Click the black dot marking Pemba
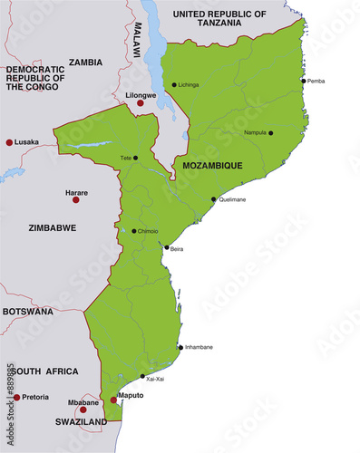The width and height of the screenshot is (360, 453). pyautogui.click(x=303, y=81)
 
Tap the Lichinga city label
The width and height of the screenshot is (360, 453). pyautogui.click(x=190, y=84)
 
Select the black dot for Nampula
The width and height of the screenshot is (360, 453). pyautogui.click(x=270, y=133)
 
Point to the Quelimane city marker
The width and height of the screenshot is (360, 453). pyautogui.click(x=214, y=199)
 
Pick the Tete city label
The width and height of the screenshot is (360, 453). pyautogui.click(x=125, y=159)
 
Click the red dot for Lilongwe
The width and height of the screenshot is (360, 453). pyautogui.click(x=140, y=103)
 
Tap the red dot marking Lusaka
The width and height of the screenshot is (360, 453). pyautogui.click(x=10, y=142)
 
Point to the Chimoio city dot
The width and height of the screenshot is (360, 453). pyautogui.click(x=134, y=231)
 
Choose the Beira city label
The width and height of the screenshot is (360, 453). pyautogui.click(x=177, y=248)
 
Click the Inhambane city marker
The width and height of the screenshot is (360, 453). pyautogui.click(x=180, y=347)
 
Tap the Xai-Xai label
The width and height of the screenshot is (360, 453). pyautogui.click(x=155, y=379)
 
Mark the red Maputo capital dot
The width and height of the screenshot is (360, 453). pyautogui.click(x=113, y=399)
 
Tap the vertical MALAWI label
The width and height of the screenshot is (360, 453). pyautogui.click(x=138, y=41)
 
